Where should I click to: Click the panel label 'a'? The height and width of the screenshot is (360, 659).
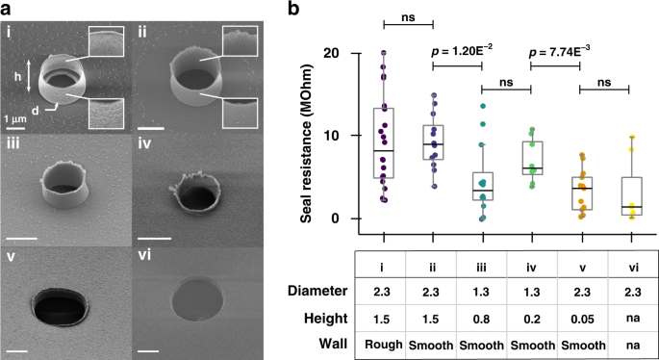coord(7,9)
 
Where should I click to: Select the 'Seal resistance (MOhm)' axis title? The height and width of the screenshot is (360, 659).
coord(307,135)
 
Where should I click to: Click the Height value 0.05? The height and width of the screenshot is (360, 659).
coord(581,315)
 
